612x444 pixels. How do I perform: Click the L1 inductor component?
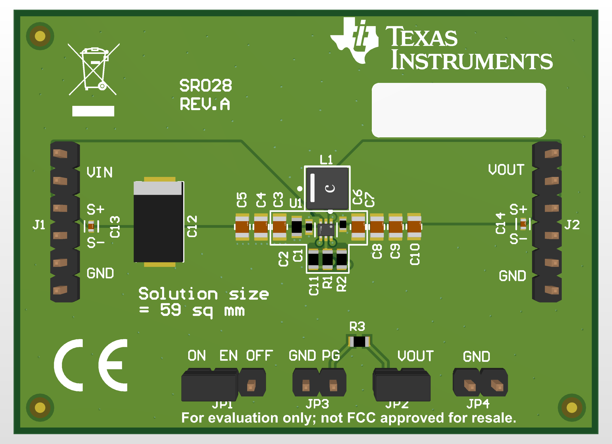327,188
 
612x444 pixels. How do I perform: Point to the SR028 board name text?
205,86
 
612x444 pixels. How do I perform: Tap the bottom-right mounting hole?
571,407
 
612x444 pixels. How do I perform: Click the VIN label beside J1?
99,172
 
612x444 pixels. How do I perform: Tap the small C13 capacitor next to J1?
91,226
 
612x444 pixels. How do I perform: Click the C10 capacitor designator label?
415,254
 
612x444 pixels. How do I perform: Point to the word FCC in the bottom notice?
361,418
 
